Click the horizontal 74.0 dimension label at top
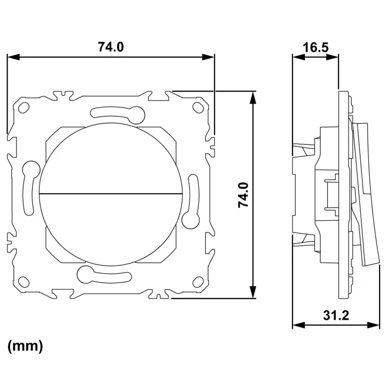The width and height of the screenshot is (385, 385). point(111,47)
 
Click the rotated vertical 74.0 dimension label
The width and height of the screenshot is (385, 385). point(244,195)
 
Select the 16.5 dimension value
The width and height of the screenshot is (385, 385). point(315,48)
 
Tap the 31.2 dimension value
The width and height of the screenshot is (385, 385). point(336,315)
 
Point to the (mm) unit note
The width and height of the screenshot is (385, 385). point(25,346)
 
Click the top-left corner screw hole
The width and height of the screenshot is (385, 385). point(24,107)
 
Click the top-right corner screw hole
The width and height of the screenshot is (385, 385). point(198,107)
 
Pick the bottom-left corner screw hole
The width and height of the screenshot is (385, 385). point(24,282)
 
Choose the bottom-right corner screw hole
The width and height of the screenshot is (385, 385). point(198,282)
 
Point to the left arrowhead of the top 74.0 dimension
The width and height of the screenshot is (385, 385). point(13,57)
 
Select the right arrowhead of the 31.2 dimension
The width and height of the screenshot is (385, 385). point(373,325)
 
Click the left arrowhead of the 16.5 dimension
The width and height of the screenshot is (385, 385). point(298,57)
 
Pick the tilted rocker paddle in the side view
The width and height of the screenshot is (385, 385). point(364,194)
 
